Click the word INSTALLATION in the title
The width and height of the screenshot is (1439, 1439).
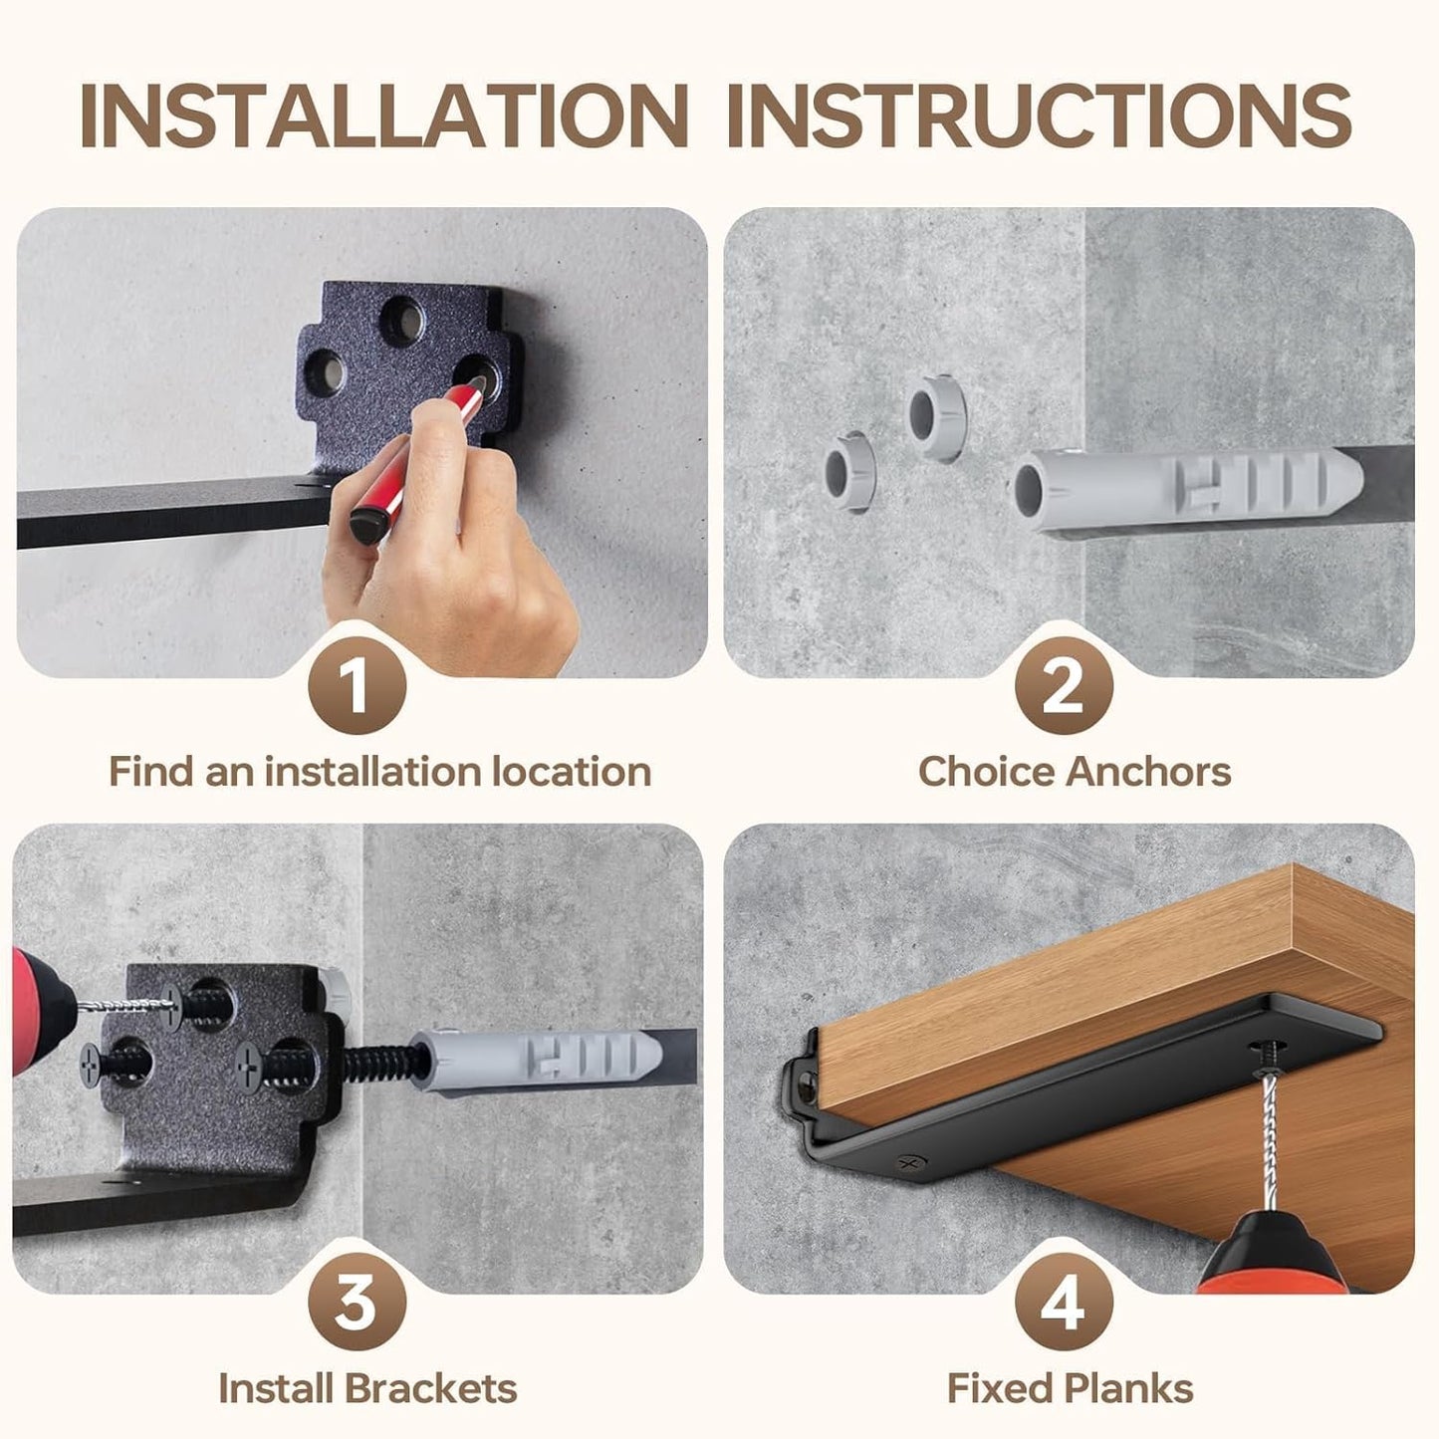[x=383, y=116]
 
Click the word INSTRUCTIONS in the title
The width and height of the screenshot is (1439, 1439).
[x=1039, y=116]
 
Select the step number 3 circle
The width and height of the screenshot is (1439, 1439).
[x=357, y=1302]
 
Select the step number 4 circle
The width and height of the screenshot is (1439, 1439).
[x=1063, y=1302]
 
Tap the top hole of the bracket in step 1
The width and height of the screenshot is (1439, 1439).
[x=403, y=321]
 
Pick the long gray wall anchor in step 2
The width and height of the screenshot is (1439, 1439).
[x=1185, y=484]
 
